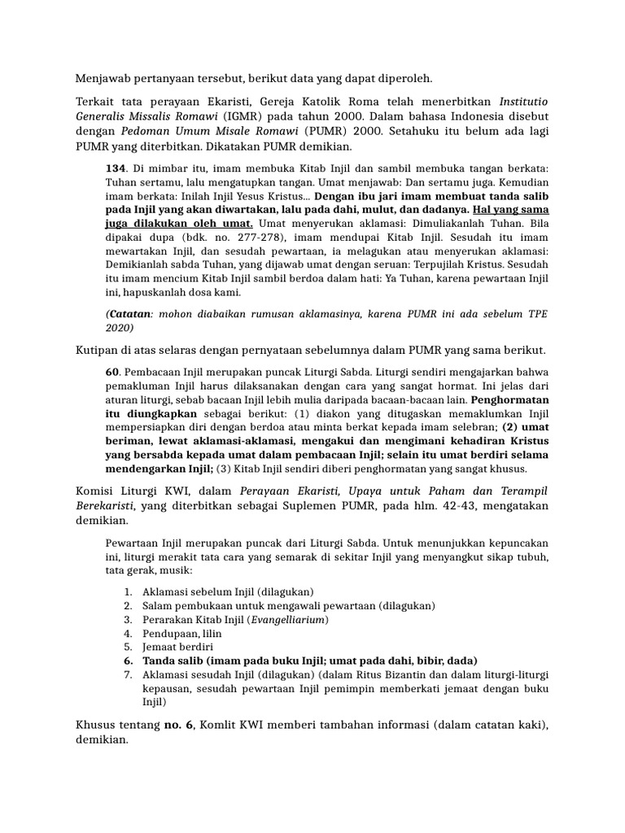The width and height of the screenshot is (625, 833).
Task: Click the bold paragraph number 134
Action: [x=116, y=167]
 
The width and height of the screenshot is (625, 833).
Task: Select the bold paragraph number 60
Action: [x=112, y=371]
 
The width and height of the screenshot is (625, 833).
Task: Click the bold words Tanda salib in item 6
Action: [x=174, y=661]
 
